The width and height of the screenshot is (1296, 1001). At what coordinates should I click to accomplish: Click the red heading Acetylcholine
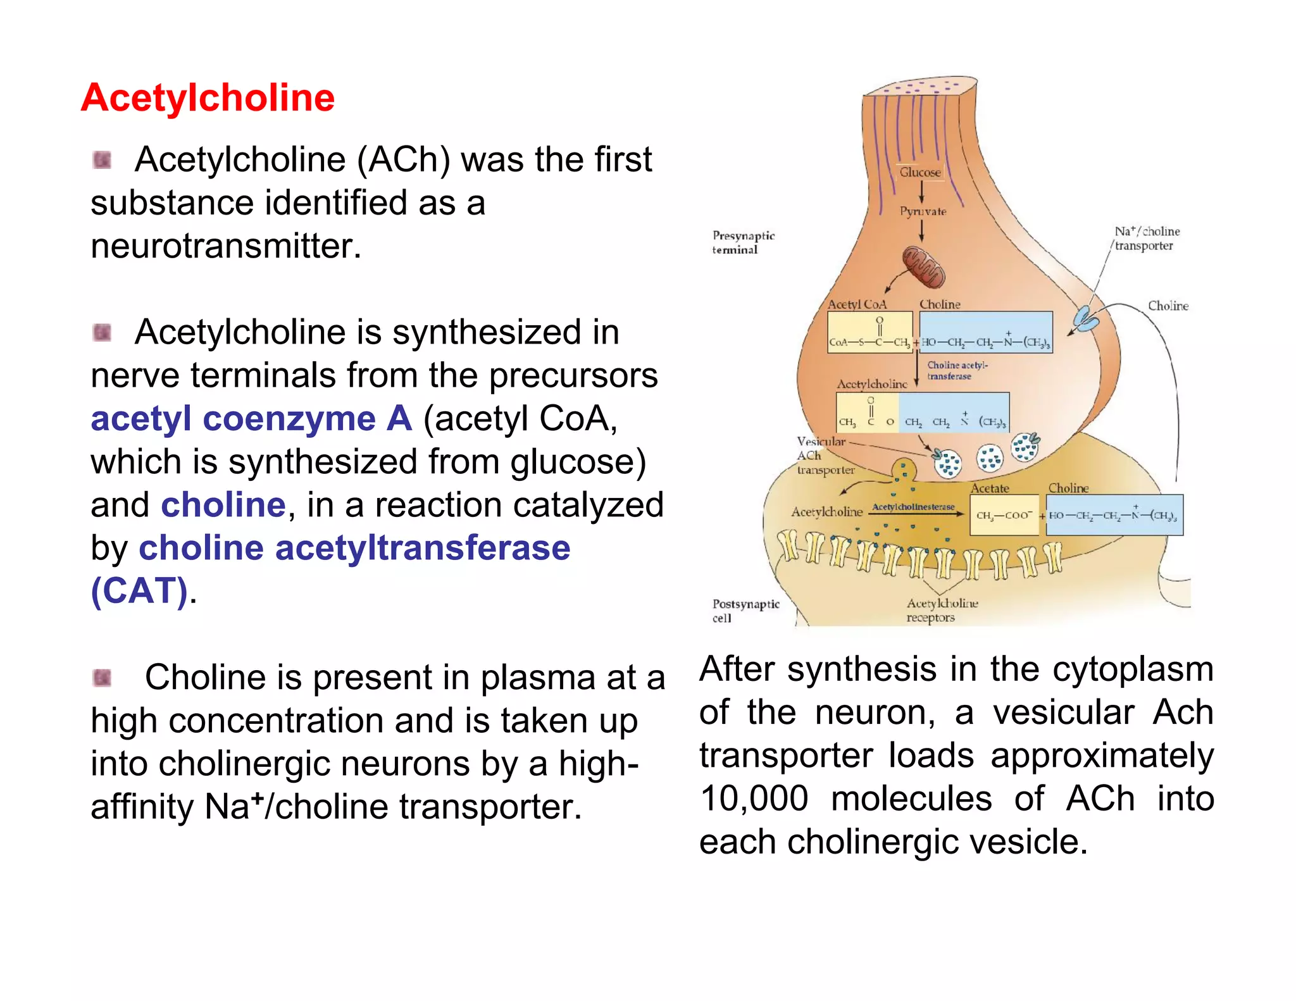[x=208, y=98]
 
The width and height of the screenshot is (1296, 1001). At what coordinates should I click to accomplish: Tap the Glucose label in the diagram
[x=920, y=172]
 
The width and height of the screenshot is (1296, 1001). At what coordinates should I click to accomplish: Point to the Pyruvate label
[x=923, y=211]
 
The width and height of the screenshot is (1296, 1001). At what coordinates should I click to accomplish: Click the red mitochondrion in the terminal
[x=923, y=268]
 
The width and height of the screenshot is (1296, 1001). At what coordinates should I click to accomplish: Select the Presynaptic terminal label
[x=743, y=242]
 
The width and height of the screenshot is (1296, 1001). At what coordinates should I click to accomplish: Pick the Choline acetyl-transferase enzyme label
[x=957, y=371]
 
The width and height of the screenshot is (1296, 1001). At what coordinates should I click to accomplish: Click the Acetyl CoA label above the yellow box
[x=857, y=304]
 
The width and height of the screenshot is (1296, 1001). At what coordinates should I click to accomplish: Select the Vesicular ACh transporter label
[x=824, y=456]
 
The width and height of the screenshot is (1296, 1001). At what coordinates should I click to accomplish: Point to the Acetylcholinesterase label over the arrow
[x=913, y=507]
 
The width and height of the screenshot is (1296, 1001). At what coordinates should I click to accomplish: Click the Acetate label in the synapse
[x=990, y=488]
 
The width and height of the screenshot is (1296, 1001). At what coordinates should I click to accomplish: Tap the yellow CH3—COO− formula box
[x=1004, y=515]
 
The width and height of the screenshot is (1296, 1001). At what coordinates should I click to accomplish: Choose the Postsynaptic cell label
[x=745, y=611]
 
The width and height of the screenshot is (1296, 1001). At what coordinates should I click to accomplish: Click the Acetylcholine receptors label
[x=941, y=611]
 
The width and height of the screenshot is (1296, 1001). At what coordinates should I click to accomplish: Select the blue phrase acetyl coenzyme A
[x=251, y=419]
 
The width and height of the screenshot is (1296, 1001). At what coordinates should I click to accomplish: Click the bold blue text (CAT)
[x=139, y=591]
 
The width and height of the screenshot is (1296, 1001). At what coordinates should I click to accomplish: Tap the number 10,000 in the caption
[x=754, y=799]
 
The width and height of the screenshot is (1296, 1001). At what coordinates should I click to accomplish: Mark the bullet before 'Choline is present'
[x=102, y=678]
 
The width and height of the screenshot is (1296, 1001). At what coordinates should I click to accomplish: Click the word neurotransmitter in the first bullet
[x=226, y=246]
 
